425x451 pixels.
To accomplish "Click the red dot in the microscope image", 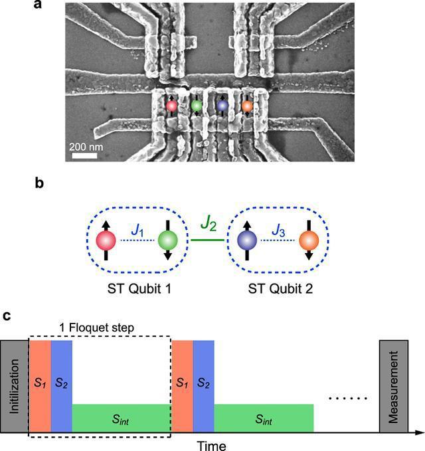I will (171, 106).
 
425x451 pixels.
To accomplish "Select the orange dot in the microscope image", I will (247, 106).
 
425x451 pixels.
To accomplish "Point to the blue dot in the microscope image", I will (222, 106).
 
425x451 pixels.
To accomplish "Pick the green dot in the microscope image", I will (196, 106).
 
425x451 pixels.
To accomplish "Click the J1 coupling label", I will (137, 231).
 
